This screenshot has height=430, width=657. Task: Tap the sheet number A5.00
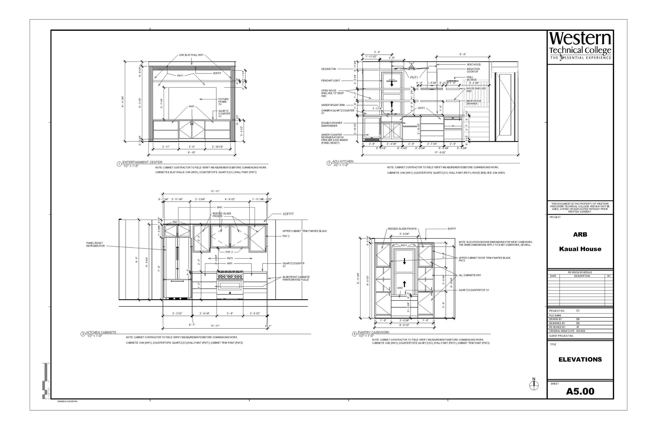pyautogui.click(x=580, y=391)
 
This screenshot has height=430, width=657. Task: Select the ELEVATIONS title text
pyautogui.click(x=580, y=359)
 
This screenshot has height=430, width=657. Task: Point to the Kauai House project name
pyautogui.click(x=580, y=249)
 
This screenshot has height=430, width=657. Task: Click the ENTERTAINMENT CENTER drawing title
pyautogui.click(x=142, y=162)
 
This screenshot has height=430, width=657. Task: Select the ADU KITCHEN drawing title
pyautogui.click(x=343, y=161)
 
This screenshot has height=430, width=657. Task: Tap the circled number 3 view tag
pyautogui.click(x=83, y=334)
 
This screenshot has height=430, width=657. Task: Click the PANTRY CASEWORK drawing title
pyautogui.click(x=373, y=332)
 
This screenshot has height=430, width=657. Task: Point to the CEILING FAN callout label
pyautogui.click(x=328, y=69)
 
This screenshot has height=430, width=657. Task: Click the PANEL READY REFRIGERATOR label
pyautogui.click(x=95, y=244)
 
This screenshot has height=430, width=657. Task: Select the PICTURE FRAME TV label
pyautogui.click(x=223, y=102)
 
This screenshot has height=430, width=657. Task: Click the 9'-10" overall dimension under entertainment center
pyautogui.click(x=191, y=153)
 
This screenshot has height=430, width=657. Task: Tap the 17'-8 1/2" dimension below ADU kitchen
pyautogui.click(x=440, y=153)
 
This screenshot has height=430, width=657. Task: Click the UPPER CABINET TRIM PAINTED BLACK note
pyautogui.click(x=305, y=231)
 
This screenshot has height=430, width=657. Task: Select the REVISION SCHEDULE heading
pyautogui.click(x=580, y=272)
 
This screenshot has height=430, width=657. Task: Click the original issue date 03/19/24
pyautogui.click(x=581, y=331)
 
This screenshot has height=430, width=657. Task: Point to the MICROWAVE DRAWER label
pyautogui.click(x=474, y=102)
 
